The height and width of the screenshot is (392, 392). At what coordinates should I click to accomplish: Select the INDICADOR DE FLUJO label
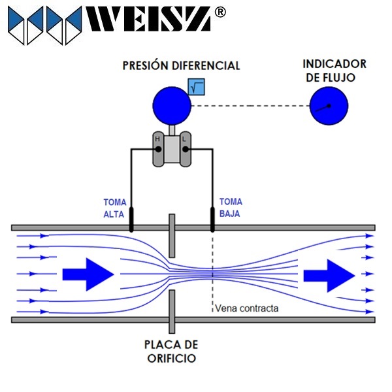pos(334,71)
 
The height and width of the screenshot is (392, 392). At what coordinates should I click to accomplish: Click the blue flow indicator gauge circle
pos(329,106)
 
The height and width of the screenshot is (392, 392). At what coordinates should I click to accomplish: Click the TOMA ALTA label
pos(114,208)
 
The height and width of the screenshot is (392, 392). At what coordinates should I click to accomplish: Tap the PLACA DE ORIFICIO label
pos(171,351)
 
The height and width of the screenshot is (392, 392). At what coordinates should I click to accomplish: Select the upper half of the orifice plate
pos(171,235)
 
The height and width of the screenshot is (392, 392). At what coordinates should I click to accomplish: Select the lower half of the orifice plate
pos(171,312)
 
